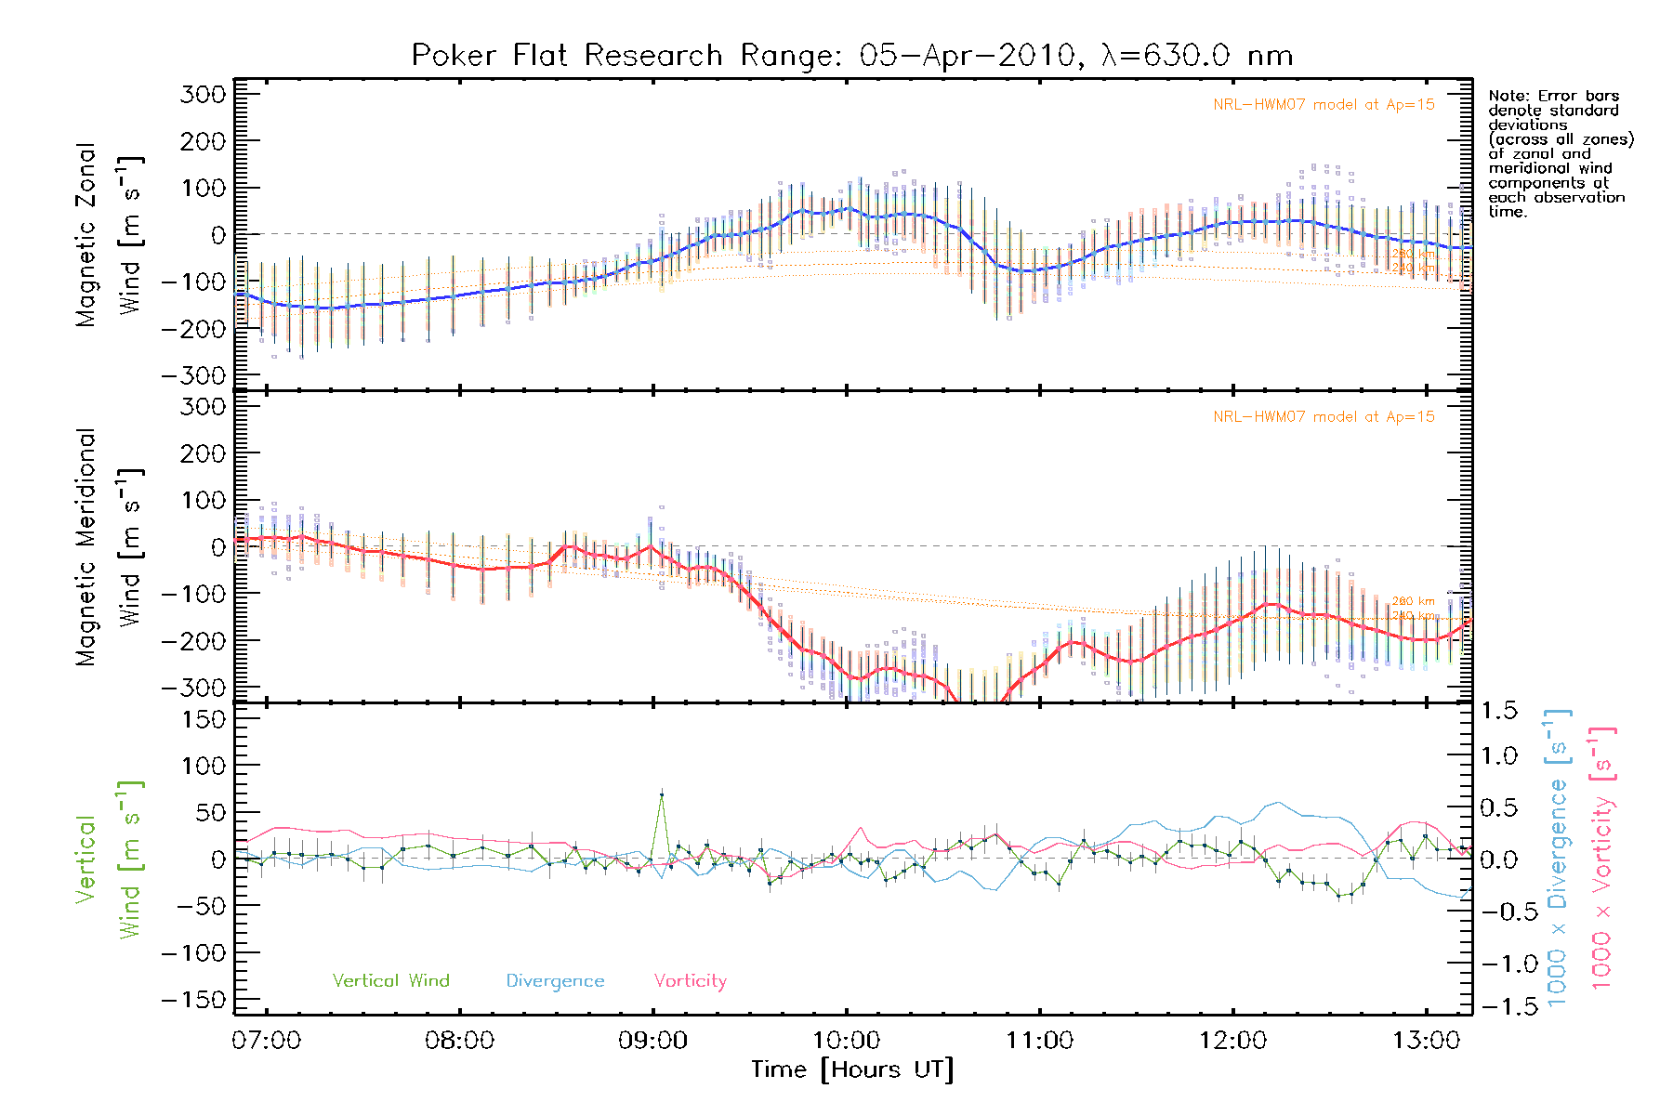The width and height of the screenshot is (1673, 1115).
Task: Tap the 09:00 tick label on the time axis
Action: coord(652,1041)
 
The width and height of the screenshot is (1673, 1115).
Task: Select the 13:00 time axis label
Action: coord(1426,1041)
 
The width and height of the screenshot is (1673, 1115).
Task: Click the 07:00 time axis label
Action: coord(267,1041)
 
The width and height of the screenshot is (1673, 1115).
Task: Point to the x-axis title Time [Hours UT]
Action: coord(852,1069)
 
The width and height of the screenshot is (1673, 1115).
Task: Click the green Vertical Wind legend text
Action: coord(390,981)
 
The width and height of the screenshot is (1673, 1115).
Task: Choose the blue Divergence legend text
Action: coord(555,981)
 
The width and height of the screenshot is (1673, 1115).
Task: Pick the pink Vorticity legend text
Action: coord(690,981)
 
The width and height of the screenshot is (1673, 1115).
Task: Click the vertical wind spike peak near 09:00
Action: coord(661,794)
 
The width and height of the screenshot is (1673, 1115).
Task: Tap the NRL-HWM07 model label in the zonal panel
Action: coord(1324,105)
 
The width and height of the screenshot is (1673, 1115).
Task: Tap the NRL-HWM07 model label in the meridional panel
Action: coord(1324,417)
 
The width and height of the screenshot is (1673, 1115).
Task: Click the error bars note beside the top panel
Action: coord(1560,153)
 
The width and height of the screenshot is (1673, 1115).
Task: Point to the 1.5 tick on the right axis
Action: coord(1499,711)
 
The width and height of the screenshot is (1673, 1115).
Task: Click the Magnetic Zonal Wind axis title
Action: coord(110,234)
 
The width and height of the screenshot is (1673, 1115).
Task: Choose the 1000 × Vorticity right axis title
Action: coord(1601,858)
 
